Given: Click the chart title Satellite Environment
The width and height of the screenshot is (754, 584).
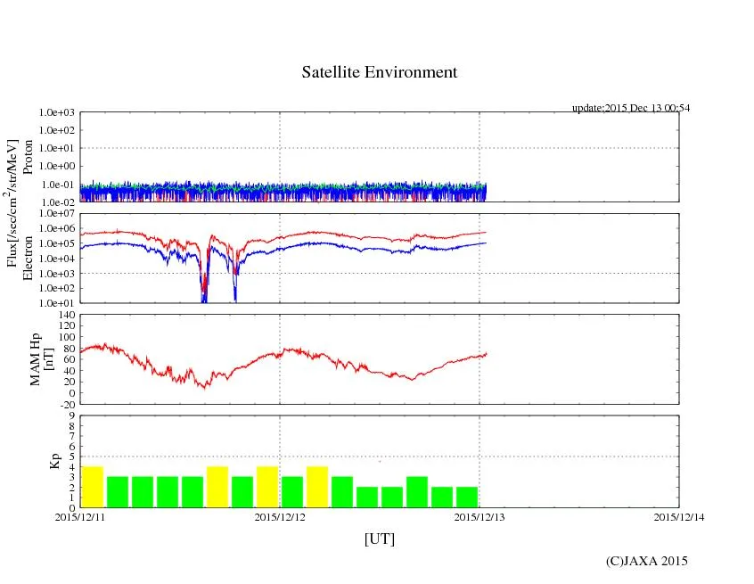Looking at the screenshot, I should coord(380,72).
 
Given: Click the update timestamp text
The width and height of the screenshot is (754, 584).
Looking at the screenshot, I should coord(631,108).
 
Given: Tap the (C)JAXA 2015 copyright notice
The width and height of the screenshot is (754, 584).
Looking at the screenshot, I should coord(646,561).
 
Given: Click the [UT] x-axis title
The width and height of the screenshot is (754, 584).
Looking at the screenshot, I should coord(380,539).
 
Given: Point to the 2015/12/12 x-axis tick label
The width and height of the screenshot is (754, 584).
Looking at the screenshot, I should coord(280,516).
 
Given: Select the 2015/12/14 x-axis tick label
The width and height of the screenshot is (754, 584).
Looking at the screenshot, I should coord(679,516).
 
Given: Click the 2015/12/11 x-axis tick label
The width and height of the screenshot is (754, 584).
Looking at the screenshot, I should coord(80,516).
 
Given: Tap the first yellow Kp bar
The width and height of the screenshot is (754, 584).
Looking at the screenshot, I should coord(93,486).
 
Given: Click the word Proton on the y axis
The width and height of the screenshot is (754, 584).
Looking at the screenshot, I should coord(28,157).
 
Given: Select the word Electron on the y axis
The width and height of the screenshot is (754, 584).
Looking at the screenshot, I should coord(28,259).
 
